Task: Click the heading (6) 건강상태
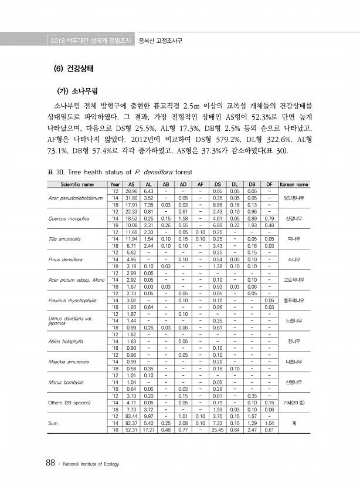74,68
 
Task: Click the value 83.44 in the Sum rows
131,416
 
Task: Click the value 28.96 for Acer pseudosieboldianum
131,191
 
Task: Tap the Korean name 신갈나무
293,218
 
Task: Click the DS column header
217,184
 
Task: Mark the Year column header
115,184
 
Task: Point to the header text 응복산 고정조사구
159,40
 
